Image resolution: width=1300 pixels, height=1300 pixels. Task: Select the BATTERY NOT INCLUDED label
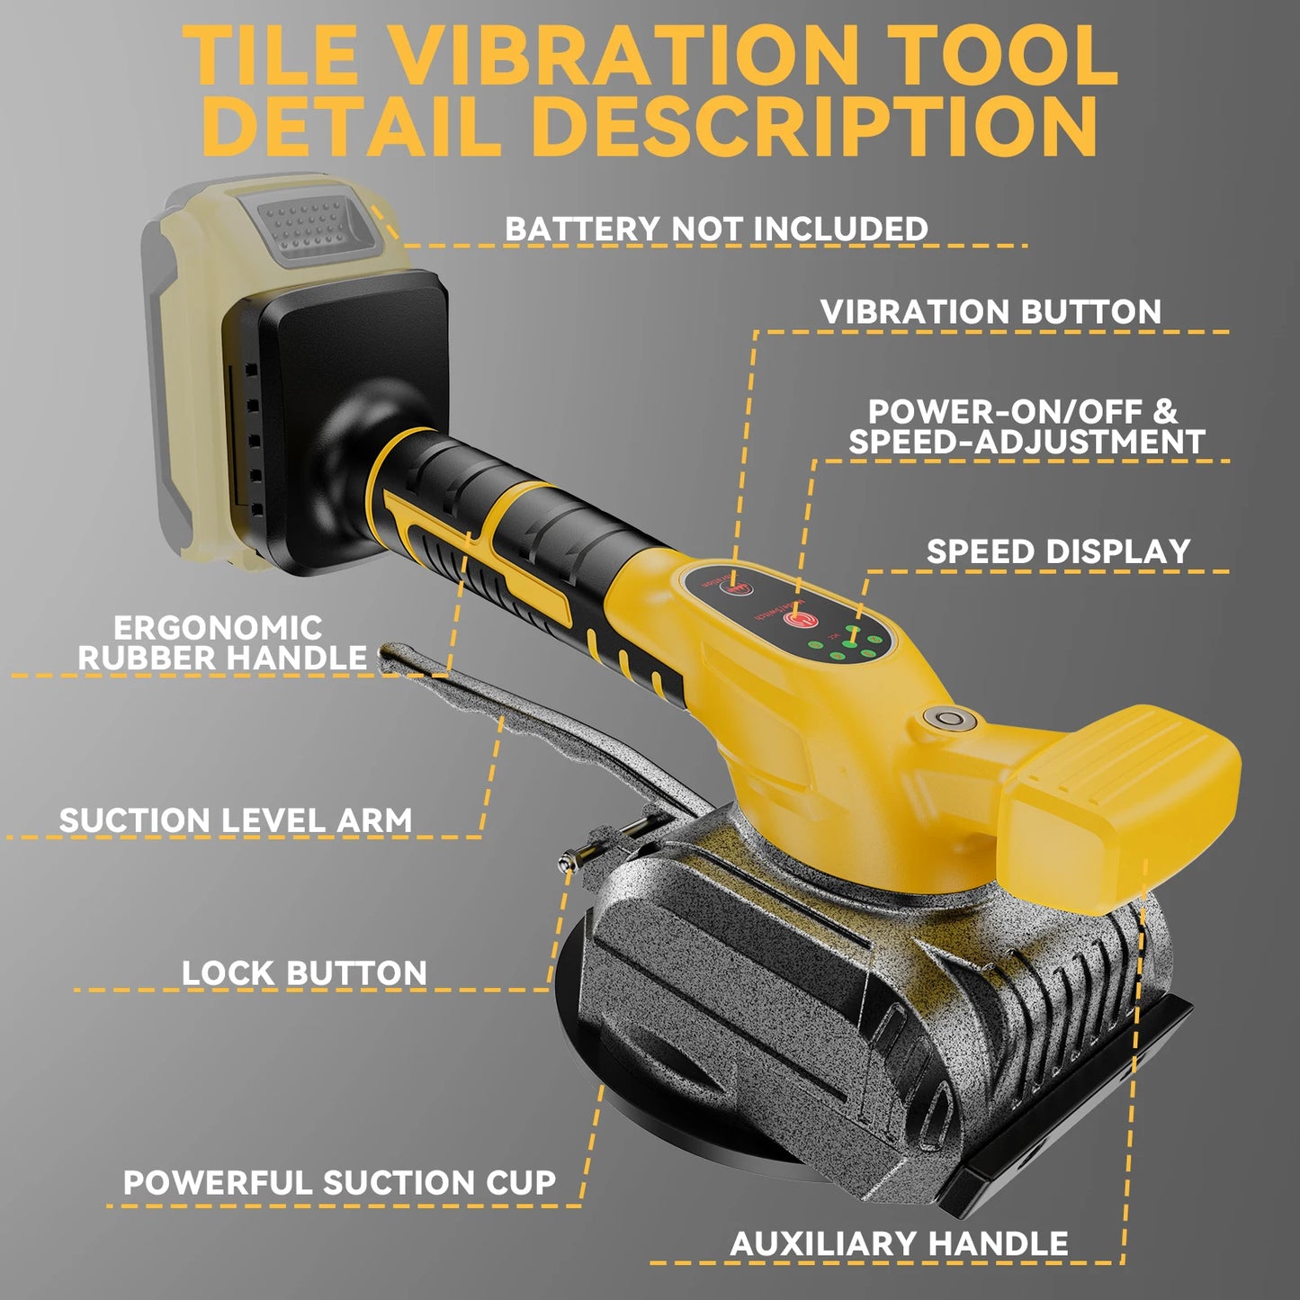tap(716, 229)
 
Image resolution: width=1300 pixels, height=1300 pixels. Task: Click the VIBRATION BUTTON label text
tap(991, 312)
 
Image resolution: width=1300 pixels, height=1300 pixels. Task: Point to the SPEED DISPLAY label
tap(1058, 551)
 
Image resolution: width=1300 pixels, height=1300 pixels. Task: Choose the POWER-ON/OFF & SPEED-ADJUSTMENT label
tap(1026, 426)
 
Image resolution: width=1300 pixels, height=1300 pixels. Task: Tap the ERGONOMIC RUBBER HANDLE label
tap(220, 642)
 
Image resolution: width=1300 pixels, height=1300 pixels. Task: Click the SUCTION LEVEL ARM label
tap(236, 820)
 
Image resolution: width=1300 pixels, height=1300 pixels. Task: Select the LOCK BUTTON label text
tap(304, 973)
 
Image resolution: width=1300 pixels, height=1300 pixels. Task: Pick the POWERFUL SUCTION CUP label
tap(339, 1182)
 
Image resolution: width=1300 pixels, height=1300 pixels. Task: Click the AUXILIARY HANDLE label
tap(899, 1244)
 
